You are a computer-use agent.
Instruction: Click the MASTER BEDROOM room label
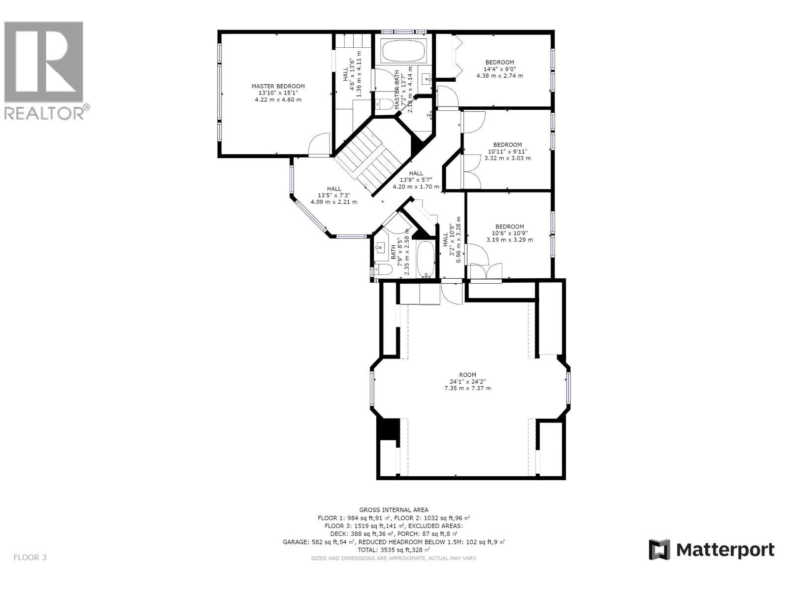point(278,86)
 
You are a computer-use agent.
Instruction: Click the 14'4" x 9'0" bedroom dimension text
point(499,69)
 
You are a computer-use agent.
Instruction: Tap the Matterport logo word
point(724,550)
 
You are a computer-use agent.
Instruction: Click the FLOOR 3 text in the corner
point(30,558)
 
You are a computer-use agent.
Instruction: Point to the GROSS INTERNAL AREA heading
point(394,510)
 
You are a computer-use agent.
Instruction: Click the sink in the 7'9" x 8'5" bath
point(380,248)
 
